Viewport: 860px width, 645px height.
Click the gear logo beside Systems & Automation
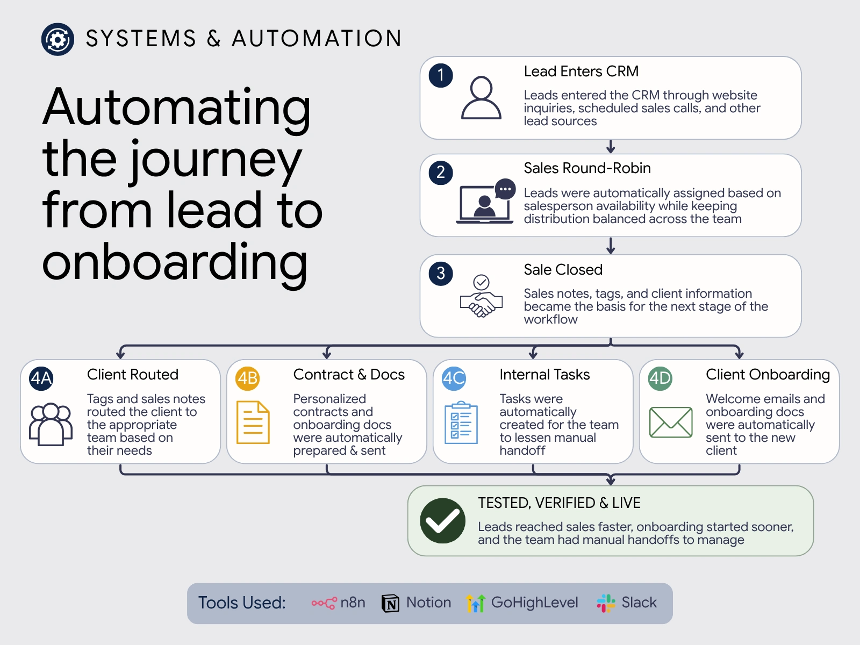pyautogui.click(x=58, y=39)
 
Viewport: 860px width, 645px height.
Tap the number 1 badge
pyautogui.click(x=441, y=75)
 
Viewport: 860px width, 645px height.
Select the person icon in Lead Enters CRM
pyautogui.click(x=481, y=97)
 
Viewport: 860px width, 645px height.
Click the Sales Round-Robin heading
pyautogui.click(x=587, y=168)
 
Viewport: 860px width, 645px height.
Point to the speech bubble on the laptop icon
pyautogui.click(x=505, y=189)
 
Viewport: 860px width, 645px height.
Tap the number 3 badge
pyautogui.click(x=441, y=274)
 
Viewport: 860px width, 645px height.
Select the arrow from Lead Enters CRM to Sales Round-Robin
pyautogui.click(x=611, y=146)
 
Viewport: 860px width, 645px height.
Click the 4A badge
pyautogui.click(x=41, y=378)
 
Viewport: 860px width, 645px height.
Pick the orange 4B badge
pyautogui.click(x=248, y=378)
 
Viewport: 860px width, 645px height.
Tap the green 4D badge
pyautogui.click(x=660, y=378)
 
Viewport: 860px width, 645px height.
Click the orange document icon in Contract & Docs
pyautogui.click(x=253, y=422)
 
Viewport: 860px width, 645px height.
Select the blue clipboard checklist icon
pyautogui.click(x=461, y=422)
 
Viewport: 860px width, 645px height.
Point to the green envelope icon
pyautogui.click(x=671, y=422)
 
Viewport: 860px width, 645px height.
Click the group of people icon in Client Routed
pyautogui.click(x=51, y=424)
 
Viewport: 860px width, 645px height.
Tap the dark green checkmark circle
pyautogui.click(x=443, y=521)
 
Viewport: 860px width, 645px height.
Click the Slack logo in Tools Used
pyautogui.click(x=606, y=603)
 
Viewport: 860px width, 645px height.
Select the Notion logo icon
pyautogui.click(x=390, y=603)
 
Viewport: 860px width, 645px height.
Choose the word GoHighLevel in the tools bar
pyautogui.click(x=534, y=603)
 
